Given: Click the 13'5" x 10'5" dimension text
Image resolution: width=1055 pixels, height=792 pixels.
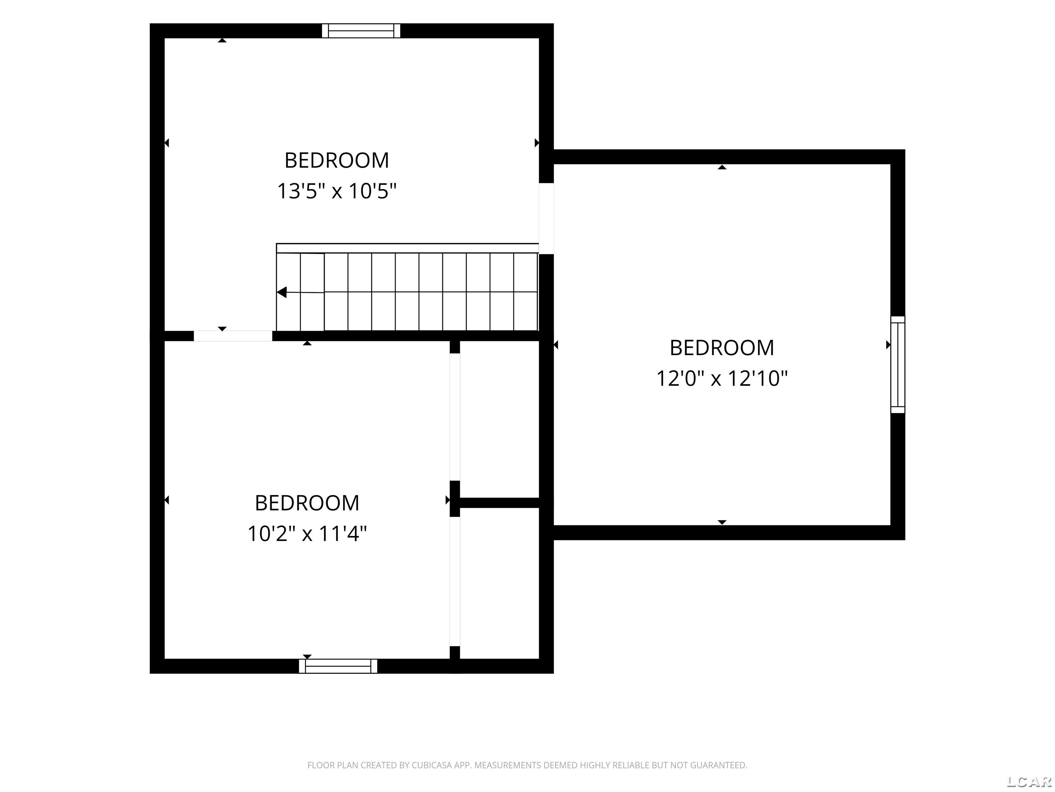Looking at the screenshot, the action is click(x=337, y=191).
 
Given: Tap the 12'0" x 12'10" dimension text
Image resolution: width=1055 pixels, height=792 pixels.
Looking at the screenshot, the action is click(x=722, y=378).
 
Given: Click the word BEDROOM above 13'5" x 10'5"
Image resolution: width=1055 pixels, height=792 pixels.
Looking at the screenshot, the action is click(x=337, y=161).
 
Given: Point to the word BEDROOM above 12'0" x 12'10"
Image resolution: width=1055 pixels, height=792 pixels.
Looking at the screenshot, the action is click(x=722, y=348).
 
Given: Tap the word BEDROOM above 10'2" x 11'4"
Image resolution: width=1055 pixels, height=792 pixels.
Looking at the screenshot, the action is click(x=307, y=503).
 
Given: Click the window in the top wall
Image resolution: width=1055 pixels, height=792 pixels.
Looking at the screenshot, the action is click(x=361, y=31).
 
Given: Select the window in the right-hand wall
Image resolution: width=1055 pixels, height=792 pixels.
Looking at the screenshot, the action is click(x=898, y=364).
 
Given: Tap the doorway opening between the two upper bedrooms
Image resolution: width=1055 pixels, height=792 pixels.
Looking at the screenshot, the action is click(x=546, y=218).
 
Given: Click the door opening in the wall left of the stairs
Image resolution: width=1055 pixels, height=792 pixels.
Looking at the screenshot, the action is click(x=233, y=335).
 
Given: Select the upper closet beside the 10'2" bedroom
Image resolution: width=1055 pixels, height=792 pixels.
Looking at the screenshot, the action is click(x=499, y=419).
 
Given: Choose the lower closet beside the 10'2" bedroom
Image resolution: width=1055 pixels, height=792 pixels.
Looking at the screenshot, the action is click(x=499, y=583).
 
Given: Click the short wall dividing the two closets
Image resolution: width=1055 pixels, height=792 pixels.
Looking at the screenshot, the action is click(x=499, y=502).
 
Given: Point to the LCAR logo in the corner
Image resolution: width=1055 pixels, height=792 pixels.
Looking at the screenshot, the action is click(x=1029, y=781).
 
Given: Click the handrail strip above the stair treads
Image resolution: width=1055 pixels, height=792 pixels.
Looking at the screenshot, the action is click(x=407, y=248).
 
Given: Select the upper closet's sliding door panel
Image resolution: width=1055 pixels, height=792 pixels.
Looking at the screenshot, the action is click(x=455, y=417).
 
